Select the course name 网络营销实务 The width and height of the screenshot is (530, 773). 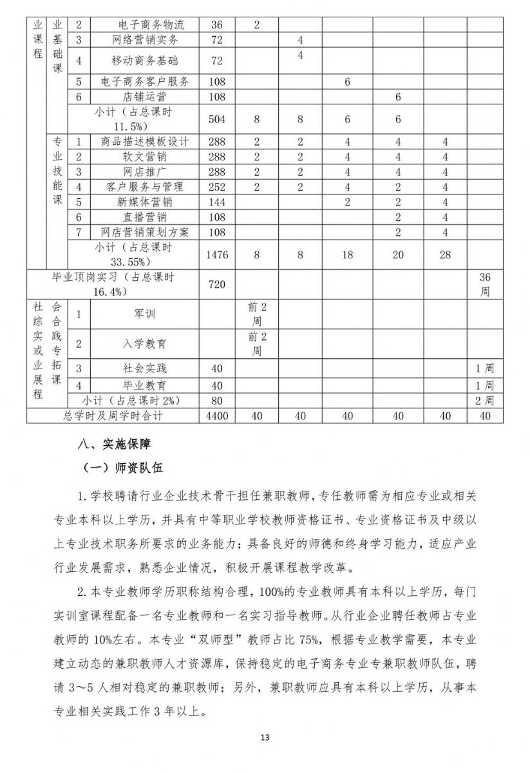(145, 41)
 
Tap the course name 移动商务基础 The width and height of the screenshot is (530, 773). (145, 61)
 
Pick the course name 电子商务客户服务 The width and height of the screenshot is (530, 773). (145, 82)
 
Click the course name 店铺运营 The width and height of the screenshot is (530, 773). (145, 97)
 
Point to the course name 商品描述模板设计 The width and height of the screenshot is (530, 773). (145, 142)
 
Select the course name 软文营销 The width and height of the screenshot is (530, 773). (145, 157)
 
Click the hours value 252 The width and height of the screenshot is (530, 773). (217, 187)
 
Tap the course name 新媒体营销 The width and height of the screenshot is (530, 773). (145, 202)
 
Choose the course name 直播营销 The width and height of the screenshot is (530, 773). (145, 217)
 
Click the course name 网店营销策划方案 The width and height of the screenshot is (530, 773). (145, 232)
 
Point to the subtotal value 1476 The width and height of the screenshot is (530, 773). (217, 255)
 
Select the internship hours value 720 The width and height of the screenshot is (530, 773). (217, 284)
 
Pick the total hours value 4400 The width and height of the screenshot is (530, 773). (217, 416)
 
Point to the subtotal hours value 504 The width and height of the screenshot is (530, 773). (217, 119)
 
